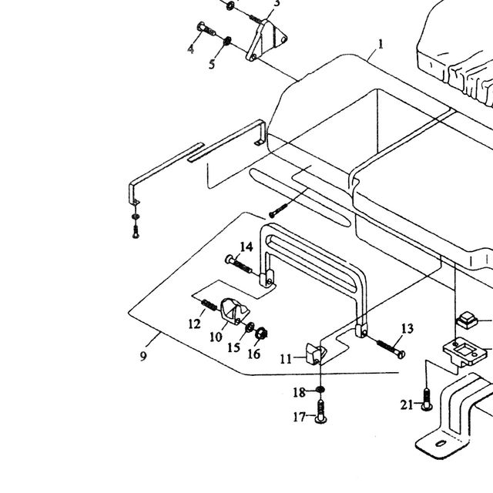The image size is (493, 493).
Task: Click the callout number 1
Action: coord(381,45)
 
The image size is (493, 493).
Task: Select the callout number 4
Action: coord(190,49)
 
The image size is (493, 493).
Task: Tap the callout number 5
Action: coord(212,64)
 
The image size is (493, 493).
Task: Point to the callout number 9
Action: coord(143,356)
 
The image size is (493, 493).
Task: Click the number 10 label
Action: coord(216,337)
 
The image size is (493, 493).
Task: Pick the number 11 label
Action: coord(286,359)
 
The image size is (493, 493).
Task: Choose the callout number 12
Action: coord(195,324)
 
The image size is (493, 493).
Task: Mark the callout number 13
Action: coord(407,329)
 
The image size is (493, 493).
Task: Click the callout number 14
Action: coord(246,246)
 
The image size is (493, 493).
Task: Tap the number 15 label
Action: coord(233,347)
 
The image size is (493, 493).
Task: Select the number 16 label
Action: coord(254,354)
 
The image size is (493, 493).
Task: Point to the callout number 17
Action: coord(300,418)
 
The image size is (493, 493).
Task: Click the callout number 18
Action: coord(299,392)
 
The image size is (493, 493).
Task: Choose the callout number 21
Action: coord(407,404)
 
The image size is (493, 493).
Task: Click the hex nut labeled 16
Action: coord(261,334)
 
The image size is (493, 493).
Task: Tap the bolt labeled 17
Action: coord(320,411)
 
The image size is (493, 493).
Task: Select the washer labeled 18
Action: coord(320,390)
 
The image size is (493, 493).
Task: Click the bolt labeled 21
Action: coord(427,399)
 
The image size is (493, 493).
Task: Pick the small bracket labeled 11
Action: coord(314,353)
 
